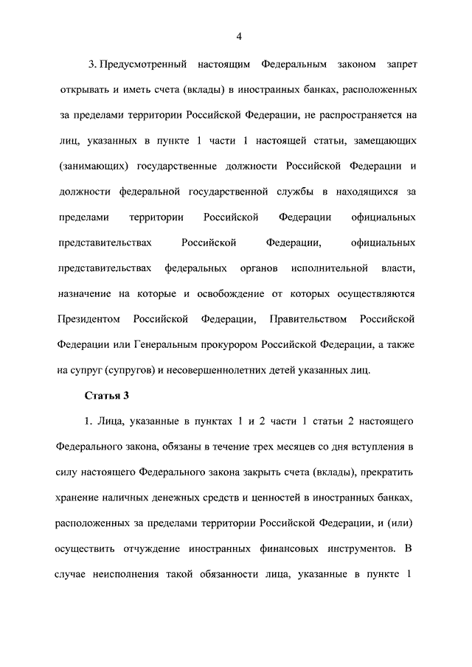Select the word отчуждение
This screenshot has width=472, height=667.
pyautogui.click(x=148, y=549)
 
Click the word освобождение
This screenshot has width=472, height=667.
pyautogui.click(x=238, y=293)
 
